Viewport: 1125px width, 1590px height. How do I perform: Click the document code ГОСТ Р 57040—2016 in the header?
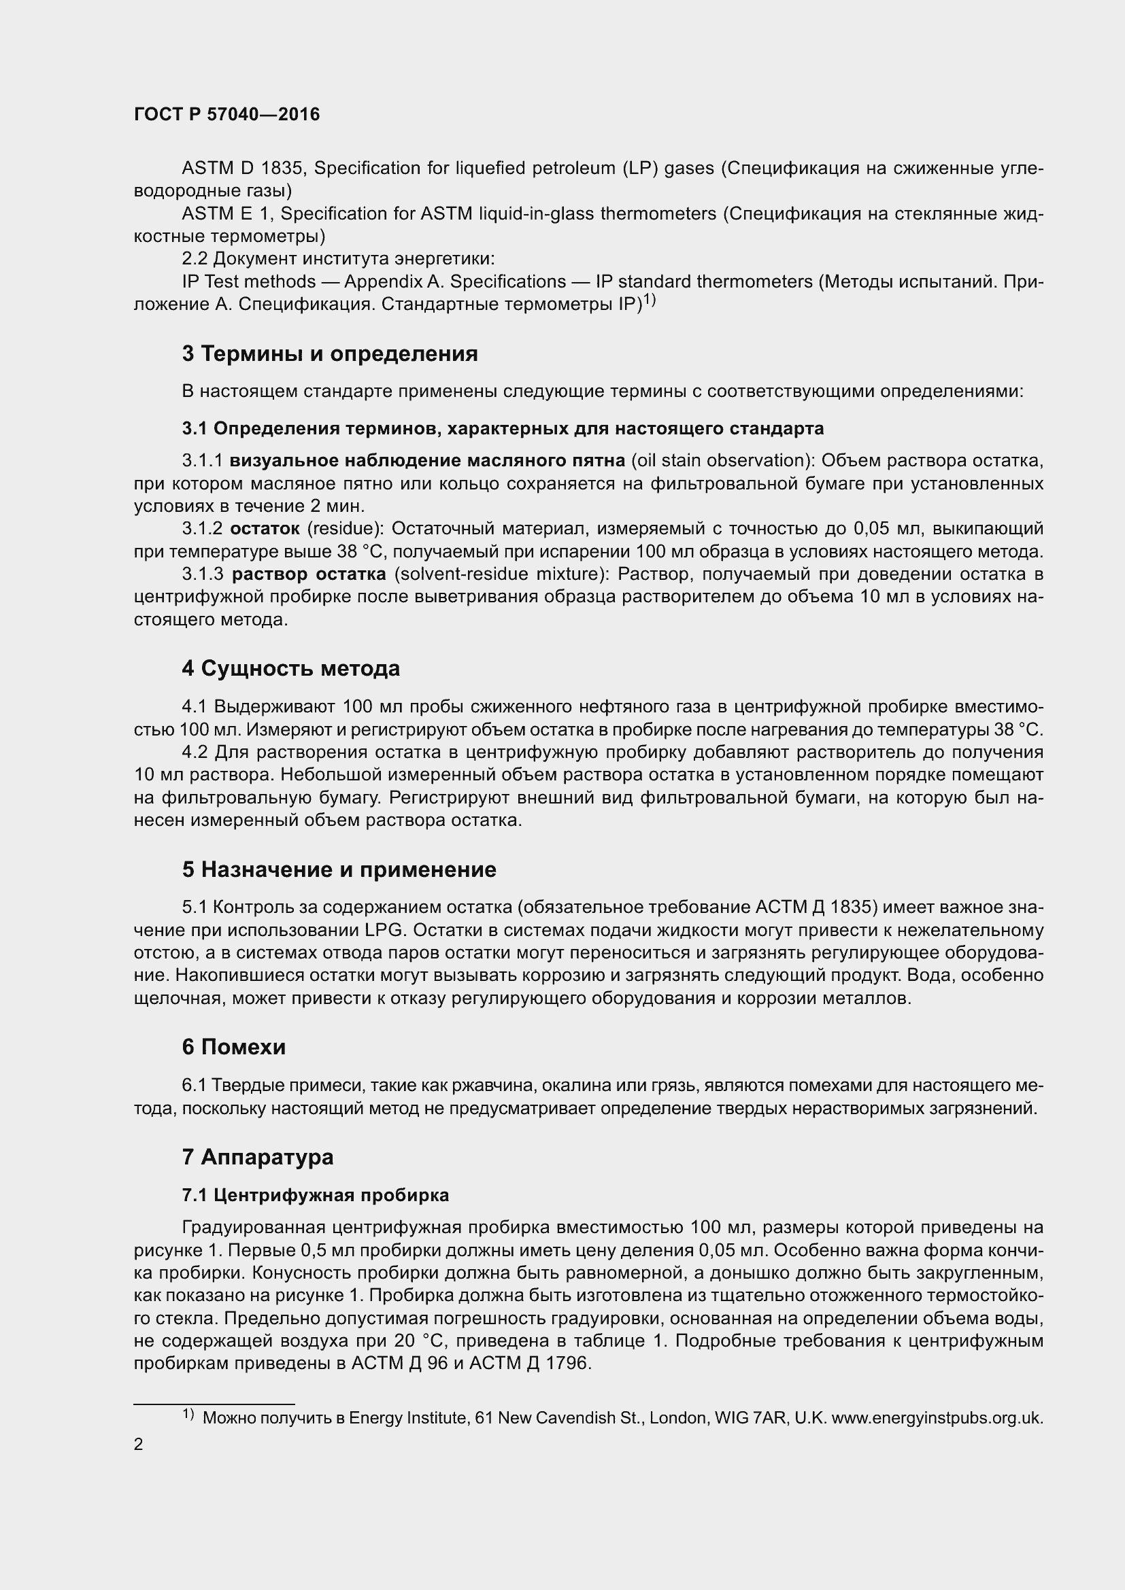tap(226, 114)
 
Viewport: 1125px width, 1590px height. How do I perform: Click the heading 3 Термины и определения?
tap(330, 354)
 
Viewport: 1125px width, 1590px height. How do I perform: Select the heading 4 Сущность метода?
tap(291, 668)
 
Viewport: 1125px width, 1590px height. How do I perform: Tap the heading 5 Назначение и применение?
tap(339, 869)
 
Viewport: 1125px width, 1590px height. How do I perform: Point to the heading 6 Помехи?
tap(233, 1046)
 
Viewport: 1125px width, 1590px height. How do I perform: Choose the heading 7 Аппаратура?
tap(258, 1156)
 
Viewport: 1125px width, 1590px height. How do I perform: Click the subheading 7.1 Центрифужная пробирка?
tap(315, 1194)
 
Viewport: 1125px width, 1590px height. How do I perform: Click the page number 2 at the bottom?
tap(139, 1445)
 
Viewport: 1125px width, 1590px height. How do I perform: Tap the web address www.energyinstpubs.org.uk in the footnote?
tap(937, 1417)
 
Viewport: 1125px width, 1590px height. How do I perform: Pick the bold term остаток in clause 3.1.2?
tap(265, 529)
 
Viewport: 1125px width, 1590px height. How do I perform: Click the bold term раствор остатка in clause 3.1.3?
tap(308, 574)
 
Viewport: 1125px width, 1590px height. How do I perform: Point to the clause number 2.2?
tap(194, 259)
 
